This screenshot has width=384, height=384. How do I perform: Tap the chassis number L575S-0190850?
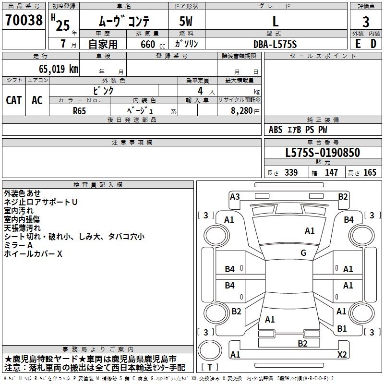coord(323,153)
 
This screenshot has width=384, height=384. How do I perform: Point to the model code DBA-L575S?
coord(276,44)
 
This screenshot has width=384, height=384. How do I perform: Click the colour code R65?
coord(79,110)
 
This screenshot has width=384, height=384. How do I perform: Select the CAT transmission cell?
coord(14,100)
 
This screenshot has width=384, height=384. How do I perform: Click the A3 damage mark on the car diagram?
coord(235,196)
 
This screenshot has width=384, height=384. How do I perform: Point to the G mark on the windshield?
coord(303,253)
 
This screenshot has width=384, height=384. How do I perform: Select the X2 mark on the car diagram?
coord(342,354)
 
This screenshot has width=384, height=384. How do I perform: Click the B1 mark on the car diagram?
coord(342,329)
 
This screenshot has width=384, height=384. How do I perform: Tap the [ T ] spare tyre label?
coord(210,367)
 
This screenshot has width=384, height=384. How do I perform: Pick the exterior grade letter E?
coord(358,43)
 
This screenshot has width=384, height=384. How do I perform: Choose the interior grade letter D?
coord(373,43)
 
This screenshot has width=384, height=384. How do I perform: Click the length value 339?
coord(290,173)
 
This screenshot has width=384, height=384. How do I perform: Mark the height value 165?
coord(370,173)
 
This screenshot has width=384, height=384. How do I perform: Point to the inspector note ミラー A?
coord(18,245)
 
